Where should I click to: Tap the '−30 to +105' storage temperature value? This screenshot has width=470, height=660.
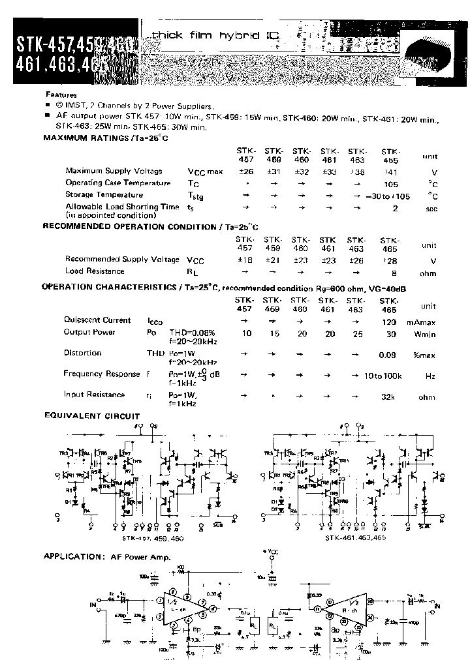[x=389, y=195]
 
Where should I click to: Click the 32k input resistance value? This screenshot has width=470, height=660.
[x=390, y=396]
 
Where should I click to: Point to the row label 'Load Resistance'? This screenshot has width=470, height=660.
[x=95, y=271]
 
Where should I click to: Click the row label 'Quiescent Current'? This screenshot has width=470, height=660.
[x=97, y=320]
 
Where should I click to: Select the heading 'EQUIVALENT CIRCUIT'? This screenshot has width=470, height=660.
[x=91, y=415]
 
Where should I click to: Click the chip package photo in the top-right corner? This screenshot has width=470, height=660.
[x=433, y=52]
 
